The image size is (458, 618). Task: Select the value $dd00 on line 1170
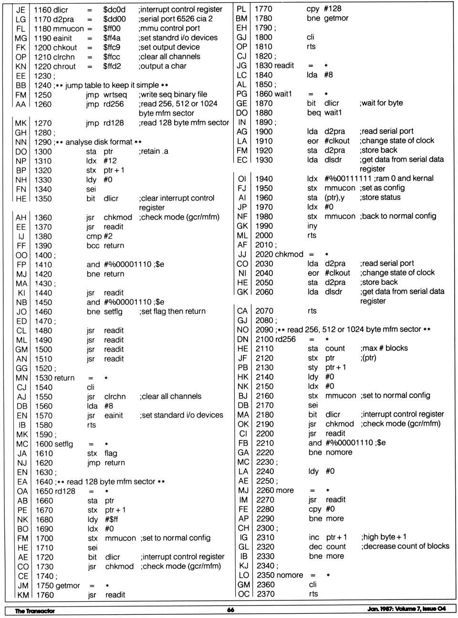click(x=114, y=19)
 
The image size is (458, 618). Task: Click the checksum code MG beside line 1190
click(x=21, y=38)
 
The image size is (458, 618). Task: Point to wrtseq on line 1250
click(x=115, y=95)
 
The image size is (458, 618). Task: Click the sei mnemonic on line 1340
click(x=91, y=189)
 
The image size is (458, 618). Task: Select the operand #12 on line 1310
click(x=110, y=161)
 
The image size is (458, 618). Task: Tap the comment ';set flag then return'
click(x=173, y=312)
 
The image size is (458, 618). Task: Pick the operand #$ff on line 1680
click(x=111, y=520)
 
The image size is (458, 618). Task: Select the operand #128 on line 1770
click(x=333, y=9)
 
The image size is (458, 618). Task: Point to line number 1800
click(x=263, y=37)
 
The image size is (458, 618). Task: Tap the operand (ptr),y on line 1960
click(x=334, y=198)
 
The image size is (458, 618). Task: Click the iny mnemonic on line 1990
click(x=312, y=226)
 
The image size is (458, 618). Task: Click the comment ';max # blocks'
click(x=384, y=348)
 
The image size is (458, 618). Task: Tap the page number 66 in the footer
click(x=230, y=610)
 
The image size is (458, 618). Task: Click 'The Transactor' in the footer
click(x=35, y=611)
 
